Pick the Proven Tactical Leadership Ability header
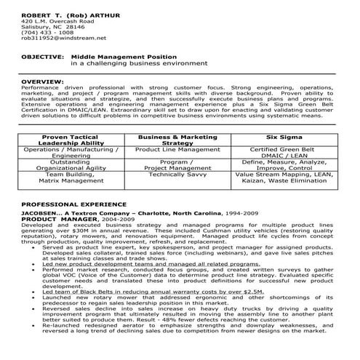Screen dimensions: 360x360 (71, 140)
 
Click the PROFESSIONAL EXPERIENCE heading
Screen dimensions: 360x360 (73, 204)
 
